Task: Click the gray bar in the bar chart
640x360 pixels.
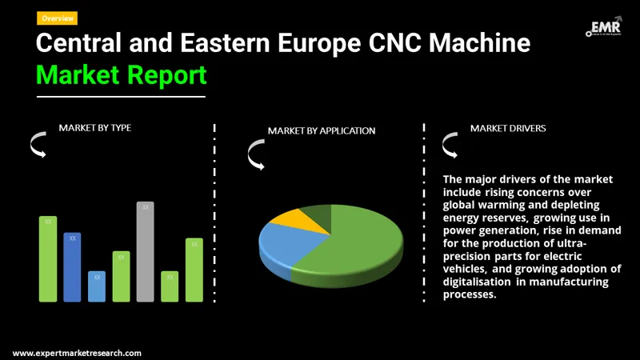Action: tap(145, 252)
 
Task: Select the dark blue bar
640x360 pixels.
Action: tap(73, 267)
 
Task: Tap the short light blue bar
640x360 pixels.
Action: tap(97, 286)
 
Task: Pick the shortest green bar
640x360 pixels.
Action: tap(170, 286)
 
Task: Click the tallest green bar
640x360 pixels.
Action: tap(48, 259)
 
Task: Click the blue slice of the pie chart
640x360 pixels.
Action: tap(282, 244)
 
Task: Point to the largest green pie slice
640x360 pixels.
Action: tap(360, 244)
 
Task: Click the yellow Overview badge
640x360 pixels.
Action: tap(57, 18)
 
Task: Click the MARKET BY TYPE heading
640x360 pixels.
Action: tap(94, 128)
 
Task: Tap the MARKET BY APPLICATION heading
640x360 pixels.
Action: tap(321, 130)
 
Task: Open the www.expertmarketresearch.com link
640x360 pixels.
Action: tap(77, 353)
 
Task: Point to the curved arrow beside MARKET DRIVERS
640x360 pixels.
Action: tap(450, 146)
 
